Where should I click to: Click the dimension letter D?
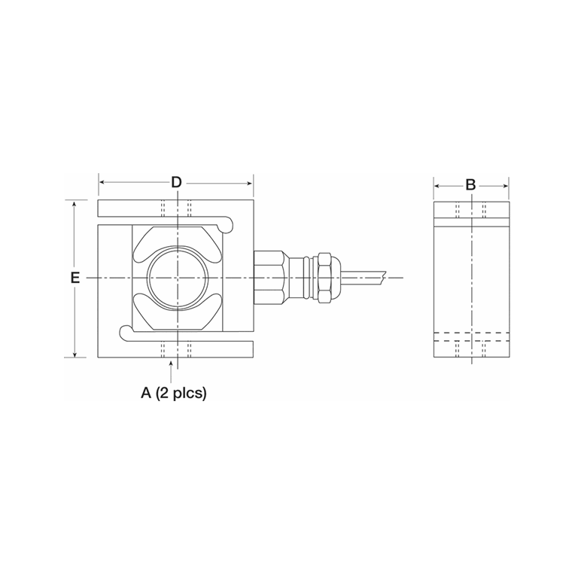pos(176,182)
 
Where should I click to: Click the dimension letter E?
pos(75,278)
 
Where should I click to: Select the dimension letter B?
pos(470,184)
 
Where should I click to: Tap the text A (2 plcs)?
pos(174,393)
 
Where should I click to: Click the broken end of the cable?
pos(385,278)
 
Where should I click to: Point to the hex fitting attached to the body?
pos(268,278)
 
